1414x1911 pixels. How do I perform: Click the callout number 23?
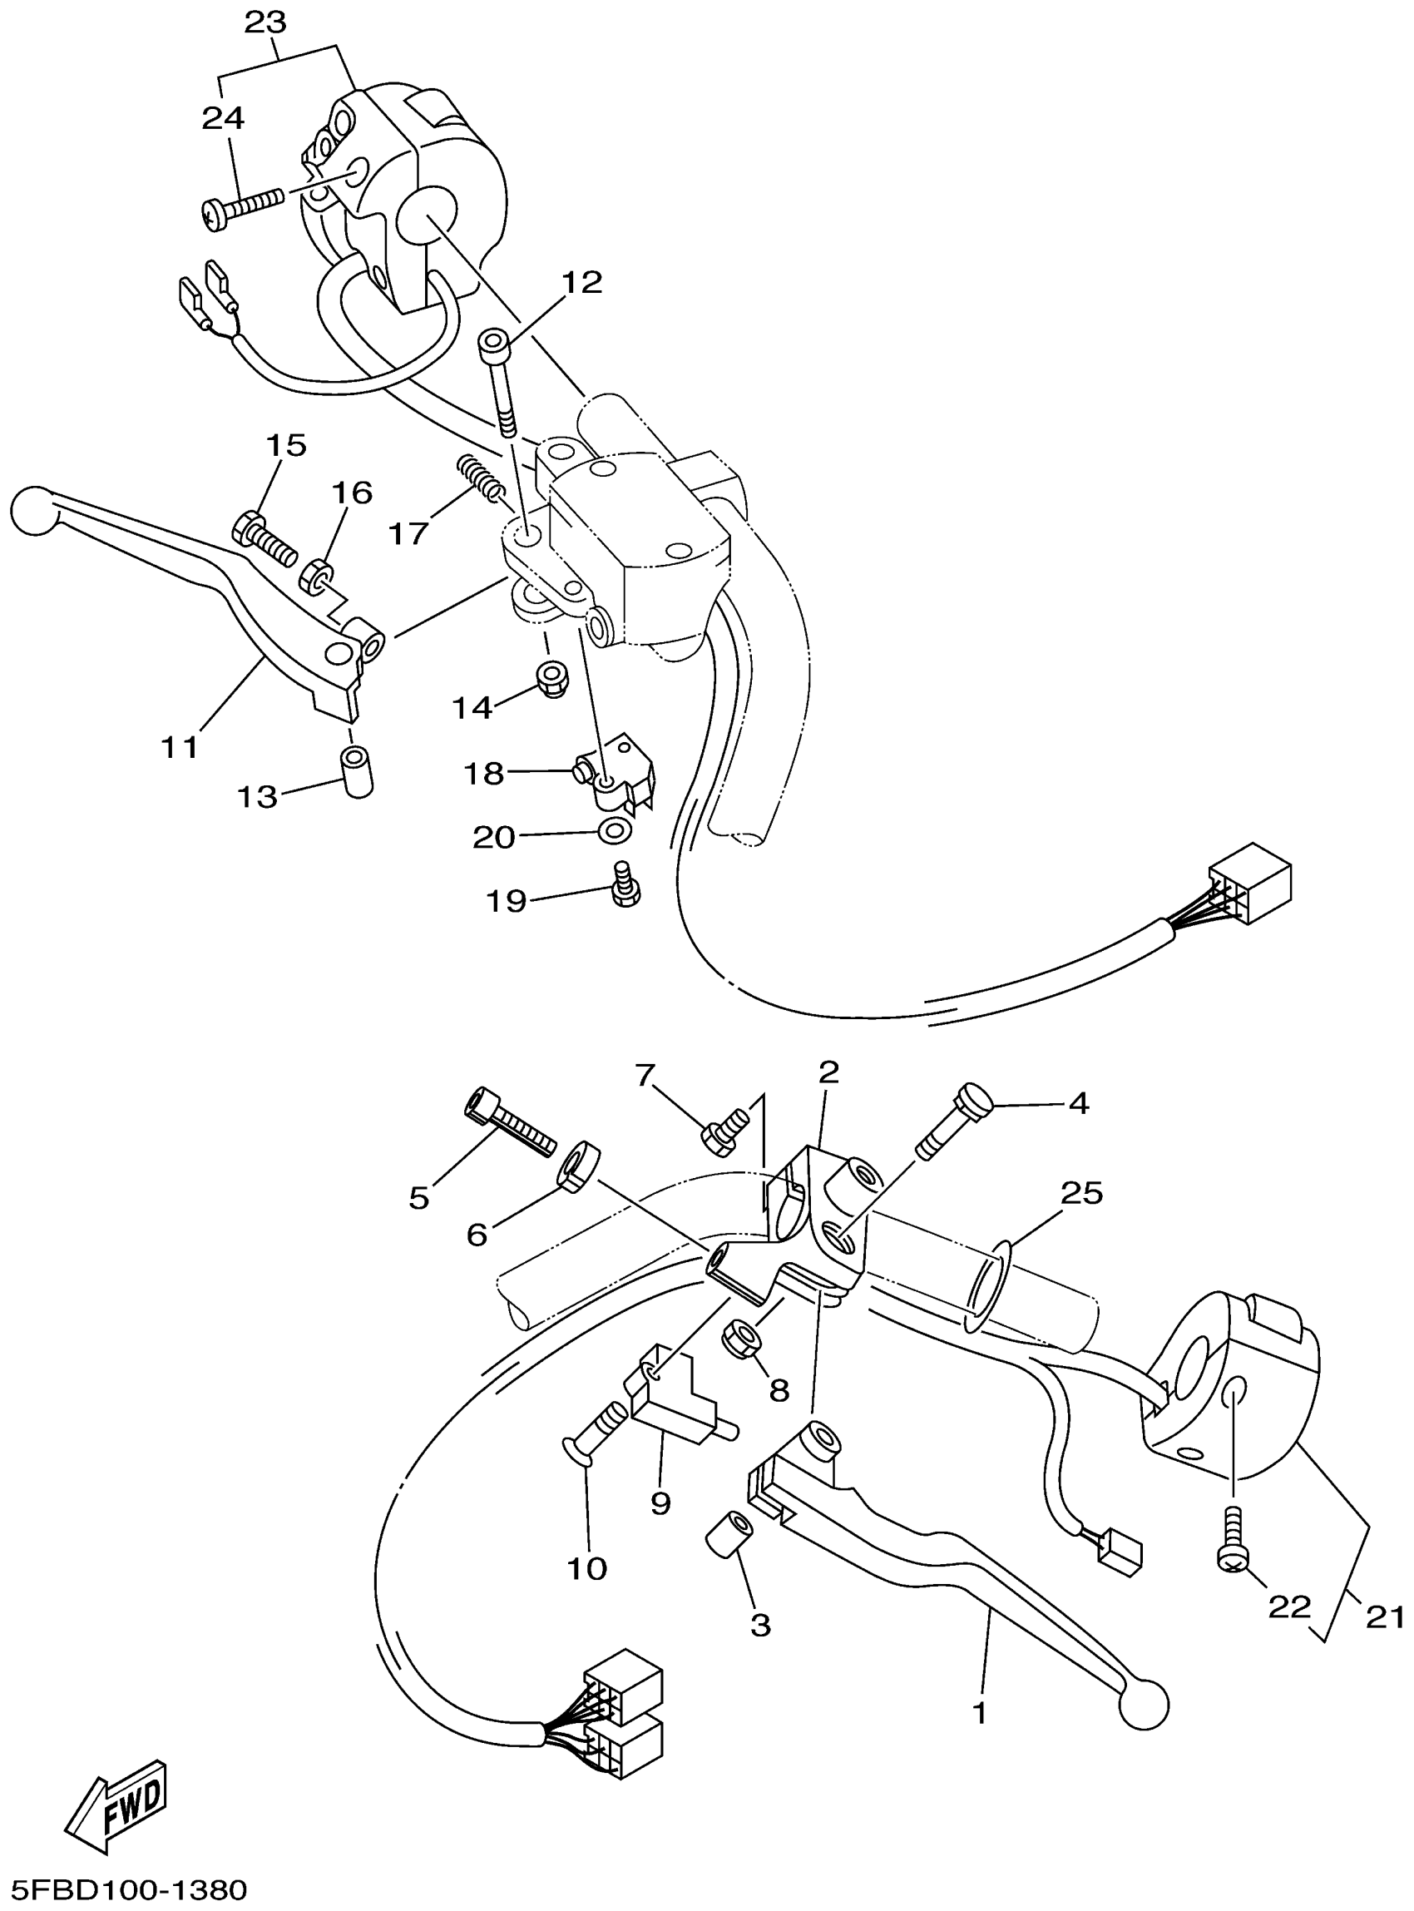265,23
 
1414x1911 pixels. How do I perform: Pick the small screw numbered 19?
626,884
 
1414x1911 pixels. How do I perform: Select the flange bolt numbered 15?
261,537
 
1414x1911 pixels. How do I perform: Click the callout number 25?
1081,1193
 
